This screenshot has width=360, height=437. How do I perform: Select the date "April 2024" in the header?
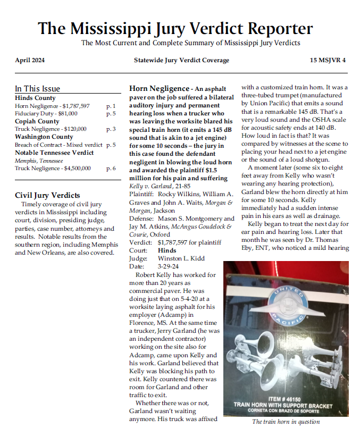click(x=30, y=60)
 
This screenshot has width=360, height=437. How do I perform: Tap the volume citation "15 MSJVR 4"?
click(x=328, y=60)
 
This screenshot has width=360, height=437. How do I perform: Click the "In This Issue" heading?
click(x=37, y=89)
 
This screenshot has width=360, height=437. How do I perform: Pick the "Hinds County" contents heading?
click(x=35, y=98)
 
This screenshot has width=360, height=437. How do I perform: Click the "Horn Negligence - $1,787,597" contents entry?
click(x=52, y=106)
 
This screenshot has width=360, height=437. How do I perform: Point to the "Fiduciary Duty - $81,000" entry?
click(x=46, y=113)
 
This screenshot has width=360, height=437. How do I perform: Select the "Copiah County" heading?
click(x=37, y=121)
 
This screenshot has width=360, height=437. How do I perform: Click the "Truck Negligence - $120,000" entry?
click(x=51, y=129)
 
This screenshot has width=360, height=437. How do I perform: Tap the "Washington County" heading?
click(x=44, y=137)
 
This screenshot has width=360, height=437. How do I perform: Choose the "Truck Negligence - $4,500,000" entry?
click(x=53, y=168)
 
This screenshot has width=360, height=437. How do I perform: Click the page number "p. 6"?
click(x=111, y=168)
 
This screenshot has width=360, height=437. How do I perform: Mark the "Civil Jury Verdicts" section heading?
click(x=47, y=196)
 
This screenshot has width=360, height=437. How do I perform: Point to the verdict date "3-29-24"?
click(x=170, y=266)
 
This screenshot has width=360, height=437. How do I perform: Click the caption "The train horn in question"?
click(x=286, y=422)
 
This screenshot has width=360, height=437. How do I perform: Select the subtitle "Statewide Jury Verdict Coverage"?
click(x=181, y=60)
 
